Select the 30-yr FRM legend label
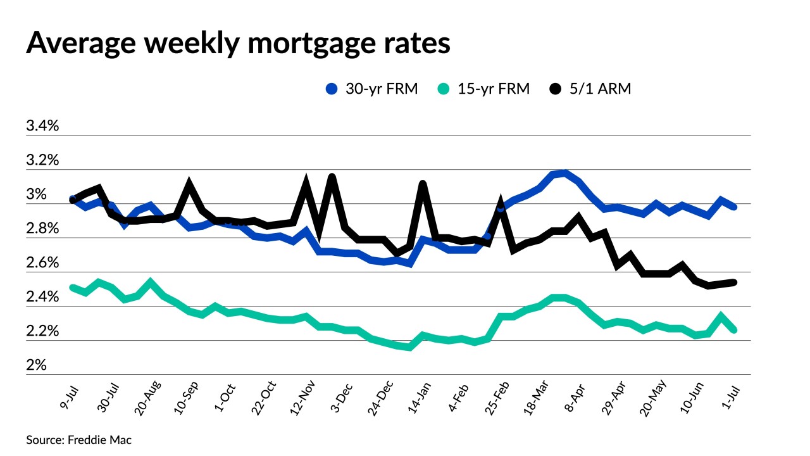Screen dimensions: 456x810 tap(382, 89)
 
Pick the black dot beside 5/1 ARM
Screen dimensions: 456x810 tap(555, 89)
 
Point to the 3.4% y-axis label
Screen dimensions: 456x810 tap(42, 126)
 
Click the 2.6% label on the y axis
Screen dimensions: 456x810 tap(42, 263)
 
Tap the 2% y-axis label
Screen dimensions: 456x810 tap(36, 365)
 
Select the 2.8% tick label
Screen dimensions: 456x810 tap(42, 229)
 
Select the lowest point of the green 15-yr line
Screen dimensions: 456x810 tap(410, 347)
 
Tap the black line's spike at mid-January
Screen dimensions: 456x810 tap(423, 184)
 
